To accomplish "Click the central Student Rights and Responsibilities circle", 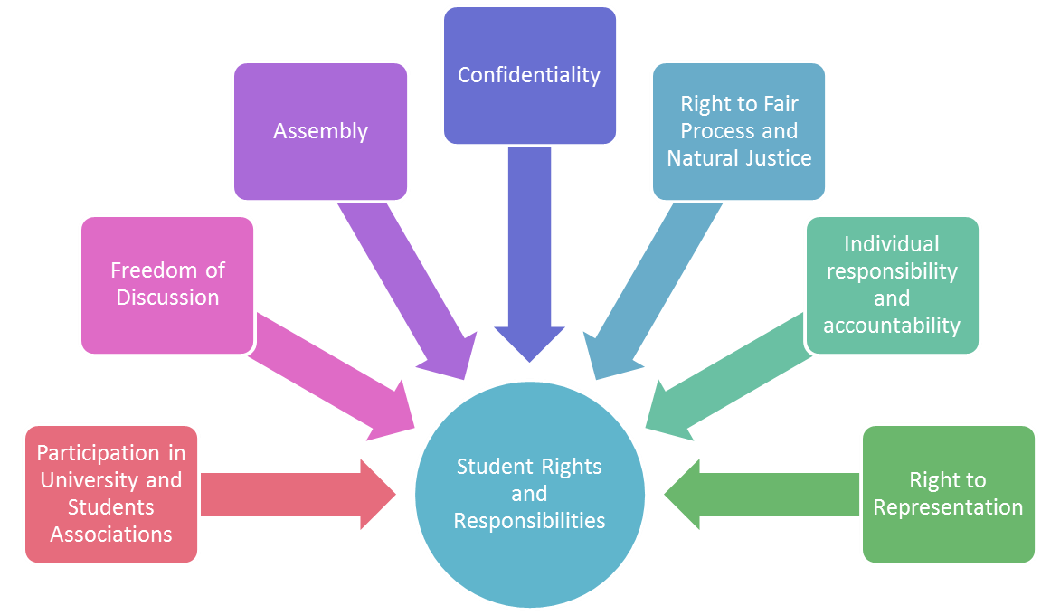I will [x=529, y=494].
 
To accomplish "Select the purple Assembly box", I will [x=320, y=131].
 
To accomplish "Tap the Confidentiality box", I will [x=529, y=75].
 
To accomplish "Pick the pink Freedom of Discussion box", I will [x=167, y=284].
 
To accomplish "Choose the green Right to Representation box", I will [x=948, y=494].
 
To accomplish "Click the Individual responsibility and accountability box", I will [x=892, y=284].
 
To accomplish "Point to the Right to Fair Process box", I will [x=739, y=131].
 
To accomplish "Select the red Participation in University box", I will [x=111, y=494].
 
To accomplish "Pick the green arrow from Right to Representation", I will [x=760, y=494].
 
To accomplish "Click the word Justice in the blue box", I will [x=777, y=158].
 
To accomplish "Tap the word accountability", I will [x=892, y=325].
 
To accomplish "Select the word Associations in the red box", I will [x=111, y=535].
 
